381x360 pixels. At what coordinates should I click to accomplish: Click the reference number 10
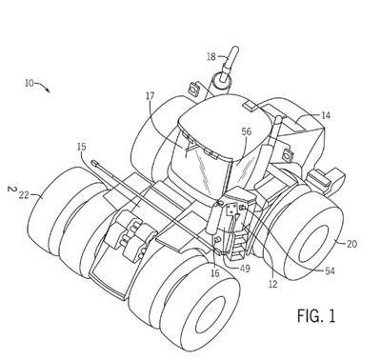[x=30, y=83]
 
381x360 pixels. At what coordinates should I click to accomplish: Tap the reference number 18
[x=211, y=57]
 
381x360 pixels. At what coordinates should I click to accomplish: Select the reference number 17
[x=150, y=95]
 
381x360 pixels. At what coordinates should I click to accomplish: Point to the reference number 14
[x=326, y=115]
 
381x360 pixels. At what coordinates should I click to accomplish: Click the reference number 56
[x=247, y=131]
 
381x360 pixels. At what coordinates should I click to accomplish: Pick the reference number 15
[x=81, y=147]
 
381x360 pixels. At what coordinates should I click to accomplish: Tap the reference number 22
[x=24, y=195]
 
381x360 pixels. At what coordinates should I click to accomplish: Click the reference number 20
[x=351, y=244]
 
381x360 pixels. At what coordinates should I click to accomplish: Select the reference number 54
[x=331, y=270]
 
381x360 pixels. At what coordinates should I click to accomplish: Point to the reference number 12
[x=272, y=284]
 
